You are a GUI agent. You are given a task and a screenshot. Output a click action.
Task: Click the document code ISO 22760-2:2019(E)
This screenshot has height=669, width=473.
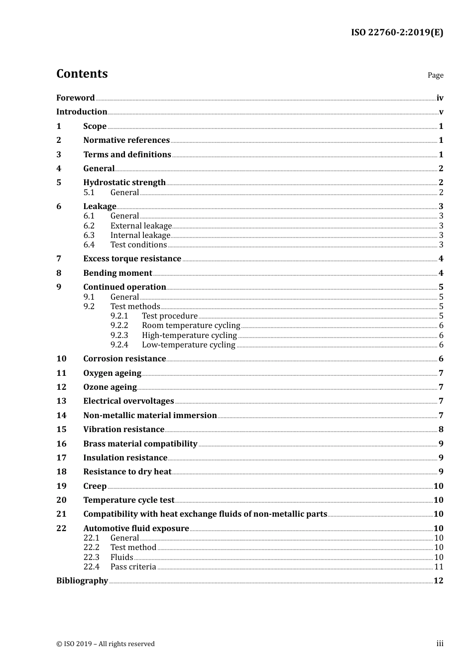point(397,32)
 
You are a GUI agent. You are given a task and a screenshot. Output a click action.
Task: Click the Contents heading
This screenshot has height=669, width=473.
point(82,74)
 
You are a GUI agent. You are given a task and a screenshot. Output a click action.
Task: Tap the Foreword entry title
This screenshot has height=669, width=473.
point(75,98)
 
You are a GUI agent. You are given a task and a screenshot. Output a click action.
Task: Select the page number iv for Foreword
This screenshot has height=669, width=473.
point(440,98)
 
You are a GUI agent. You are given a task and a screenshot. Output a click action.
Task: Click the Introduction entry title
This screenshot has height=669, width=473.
point(82,111)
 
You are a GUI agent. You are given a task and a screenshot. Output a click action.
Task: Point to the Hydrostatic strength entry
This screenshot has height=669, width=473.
point(124,182)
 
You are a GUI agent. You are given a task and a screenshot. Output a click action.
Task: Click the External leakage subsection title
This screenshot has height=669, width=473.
point(141,225)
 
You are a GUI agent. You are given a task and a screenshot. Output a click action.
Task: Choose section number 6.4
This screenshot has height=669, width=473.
point(89,244)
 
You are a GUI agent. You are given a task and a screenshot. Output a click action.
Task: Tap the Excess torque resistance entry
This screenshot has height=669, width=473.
point(132,258)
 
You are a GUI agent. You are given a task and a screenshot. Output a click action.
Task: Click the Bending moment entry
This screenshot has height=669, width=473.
point(118,273)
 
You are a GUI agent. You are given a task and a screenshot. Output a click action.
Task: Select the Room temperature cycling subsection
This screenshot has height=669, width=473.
point(191,326)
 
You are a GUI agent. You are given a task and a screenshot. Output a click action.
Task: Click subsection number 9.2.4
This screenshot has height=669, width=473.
point(119,344)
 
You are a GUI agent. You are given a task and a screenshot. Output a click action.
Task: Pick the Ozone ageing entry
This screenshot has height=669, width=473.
point(110,387)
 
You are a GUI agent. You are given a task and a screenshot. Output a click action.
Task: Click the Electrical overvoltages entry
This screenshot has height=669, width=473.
point(128,401)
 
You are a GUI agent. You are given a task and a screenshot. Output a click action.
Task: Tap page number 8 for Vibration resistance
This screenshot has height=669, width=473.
point(441,429)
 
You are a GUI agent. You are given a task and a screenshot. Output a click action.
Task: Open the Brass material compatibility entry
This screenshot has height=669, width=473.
point(140,444)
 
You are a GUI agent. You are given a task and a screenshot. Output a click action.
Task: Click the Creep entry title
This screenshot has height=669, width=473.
point(95,486)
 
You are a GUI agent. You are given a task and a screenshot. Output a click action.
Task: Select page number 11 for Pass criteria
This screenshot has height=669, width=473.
point(439,566)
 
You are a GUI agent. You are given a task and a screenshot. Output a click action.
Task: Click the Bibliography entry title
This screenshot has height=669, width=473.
point(82,580)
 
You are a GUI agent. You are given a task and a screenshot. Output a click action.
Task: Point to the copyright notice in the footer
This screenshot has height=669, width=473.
point(106,644)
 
